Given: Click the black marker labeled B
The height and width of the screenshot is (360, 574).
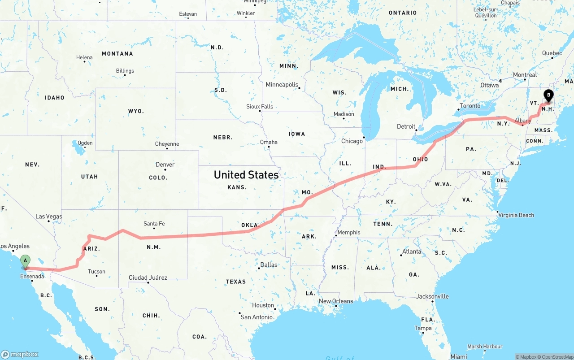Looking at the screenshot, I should pos(548,95).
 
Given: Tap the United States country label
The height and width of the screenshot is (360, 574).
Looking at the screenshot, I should pos(246,174).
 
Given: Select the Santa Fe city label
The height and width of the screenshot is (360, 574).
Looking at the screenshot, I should pos(154,224).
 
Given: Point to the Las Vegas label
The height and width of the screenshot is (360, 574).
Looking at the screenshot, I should pos(49,217).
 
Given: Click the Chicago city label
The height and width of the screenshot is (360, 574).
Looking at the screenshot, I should pos(352,141).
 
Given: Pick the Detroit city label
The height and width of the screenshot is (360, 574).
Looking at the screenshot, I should pos(406,126).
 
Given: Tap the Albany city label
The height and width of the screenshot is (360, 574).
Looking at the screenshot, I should pos(523,121).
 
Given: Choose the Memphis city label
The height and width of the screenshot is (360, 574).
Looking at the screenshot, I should pos(349,232).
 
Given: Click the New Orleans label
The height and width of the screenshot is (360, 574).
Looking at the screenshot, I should pos(336,301).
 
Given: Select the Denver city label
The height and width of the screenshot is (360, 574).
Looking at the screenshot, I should pos(165,165).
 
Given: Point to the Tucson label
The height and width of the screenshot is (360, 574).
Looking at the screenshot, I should pos(96,271).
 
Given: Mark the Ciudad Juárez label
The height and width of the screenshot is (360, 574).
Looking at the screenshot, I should pos(148,278).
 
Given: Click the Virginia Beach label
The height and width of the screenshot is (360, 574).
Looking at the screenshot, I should pos(516,215).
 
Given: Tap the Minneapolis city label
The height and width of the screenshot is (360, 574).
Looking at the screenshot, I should pos(282,85).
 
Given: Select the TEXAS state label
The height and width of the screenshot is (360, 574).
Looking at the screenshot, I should pos(236,282).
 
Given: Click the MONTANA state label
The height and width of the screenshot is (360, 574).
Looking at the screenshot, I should pos(117,54).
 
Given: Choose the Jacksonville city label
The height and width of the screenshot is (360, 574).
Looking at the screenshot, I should pos(432,296).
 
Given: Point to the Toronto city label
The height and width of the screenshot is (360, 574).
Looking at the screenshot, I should pos(470,106).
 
